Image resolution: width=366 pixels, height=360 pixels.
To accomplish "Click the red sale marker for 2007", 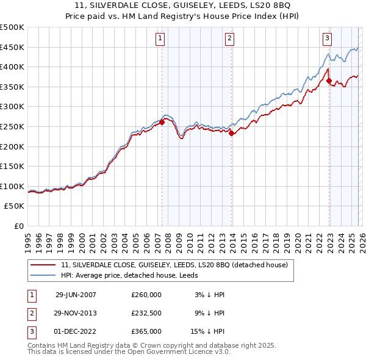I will [162, 123].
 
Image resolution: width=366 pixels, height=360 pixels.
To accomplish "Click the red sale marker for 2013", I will [232, 134].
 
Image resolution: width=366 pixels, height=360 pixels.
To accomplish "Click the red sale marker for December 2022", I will [329, 81].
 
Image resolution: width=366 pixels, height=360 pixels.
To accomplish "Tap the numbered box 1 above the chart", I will [160, 38].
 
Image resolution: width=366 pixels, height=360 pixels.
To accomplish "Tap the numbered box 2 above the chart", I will [229, 38].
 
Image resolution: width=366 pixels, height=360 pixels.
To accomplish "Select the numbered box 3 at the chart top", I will [327, 38].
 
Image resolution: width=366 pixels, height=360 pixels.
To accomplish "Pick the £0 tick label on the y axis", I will [18, 226].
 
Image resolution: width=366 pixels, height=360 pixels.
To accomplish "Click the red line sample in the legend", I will [42, 265].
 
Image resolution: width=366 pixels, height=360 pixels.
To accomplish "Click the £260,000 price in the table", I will [146, 295].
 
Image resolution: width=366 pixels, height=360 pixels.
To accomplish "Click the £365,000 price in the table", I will [146, 331].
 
